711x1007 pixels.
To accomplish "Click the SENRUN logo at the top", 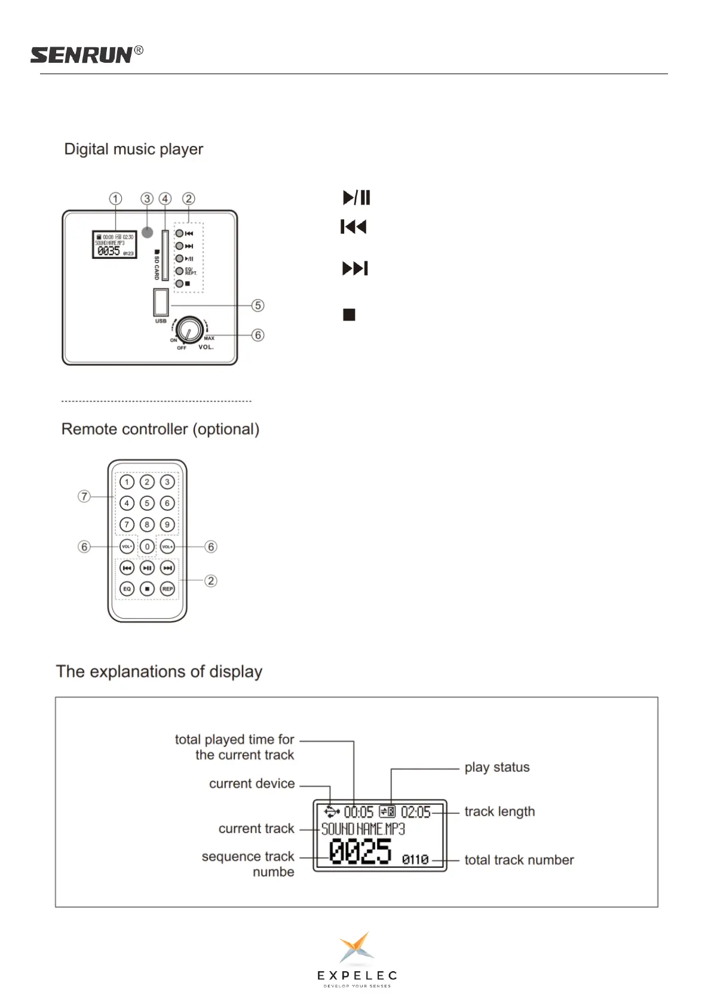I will tap(86, 55).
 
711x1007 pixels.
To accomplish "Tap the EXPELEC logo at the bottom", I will tap(357, 959).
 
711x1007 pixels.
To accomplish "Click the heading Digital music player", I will tap(133, 149).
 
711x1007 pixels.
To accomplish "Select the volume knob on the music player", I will tap(189, 329).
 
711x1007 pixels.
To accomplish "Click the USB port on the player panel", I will tap(161, 302).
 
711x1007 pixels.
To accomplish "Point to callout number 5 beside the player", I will tap(258, 306).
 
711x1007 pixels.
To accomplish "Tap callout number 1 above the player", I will tap(115, 199).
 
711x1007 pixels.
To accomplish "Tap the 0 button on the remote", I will tap(147, 547).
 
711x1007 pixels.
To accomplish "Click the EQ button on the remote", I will tap(127, 589).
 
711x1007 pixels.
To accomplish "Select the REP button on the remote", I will tap(167, 589).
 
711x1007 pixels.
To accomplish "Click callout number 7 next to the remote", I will tap(84, 496).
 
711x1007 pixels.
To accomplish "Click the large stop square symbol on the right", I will tap(350, 315).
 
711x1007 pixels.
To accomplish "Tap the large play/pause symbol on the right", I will tap(357, 197).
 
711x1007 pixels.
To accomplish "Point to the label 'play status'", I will tap(497, 767).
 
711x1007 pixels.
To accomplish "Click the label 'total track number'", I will tap(519, 860).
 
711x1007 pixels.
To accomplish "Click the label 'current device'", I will tap(252, 783).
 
